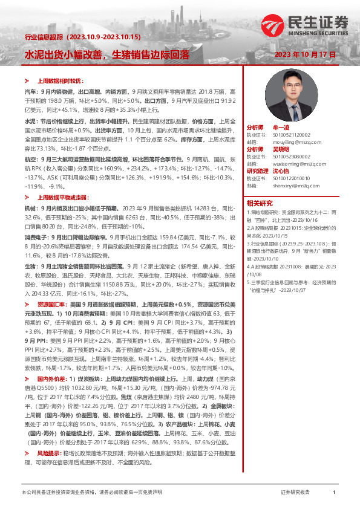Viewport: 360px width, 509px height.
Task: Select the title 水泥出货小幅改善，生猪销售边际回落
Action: [106, 54]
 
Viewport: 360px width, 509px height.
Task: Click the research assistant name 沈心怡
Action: [283, 171]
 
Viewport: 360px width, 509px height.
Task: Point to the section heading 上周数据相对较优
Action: [60, 80]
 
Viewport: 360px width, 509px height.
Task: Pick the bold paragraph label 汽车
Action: [30, 89]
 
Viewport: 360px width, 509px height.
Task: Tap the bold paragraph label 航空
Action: [30, 158]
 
